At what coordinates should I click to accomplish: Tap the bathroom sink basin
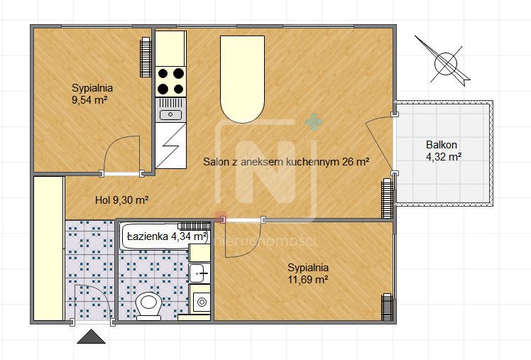coord(199,273)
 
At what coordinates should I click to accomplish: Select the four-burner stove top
coord(170,81)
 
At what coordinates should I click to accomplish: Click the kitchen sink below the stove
coord(170,110)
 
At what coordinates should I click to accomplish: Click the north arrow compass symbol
coord(444,62)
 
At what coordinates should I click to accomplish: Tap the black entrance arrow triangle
coord(91,337)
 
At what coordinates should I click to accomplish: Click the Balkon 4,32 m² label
coord(443,151)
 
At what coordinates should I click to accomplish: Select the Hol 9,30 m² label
coord(122,200)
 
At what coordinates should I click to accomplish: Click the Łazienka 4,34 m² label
coord(167,236)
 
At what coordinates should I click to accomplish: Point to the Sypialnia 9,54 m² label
coord(92,94)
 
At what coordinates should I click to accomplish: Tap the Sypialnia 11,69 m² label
coord(308,273)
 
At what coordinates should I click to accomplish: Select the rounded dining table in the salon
coord(242,79)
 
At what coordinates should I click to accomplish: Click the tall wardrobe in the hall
coord(49,249)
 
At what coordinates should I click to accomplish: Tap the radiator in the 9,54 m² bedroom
coord(146,57)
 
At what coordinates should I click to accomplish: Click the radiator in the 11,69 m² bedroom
coord(387,307)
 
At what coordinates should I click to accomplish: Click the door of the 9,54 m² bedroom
coord(121,156)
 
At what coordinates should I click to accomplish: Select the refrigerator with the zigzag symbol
coord(170,146)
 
